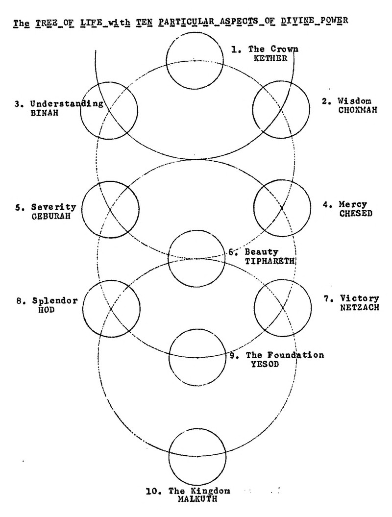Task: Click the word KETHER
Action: [268, 58]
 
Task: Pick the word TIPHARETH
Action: [269, 261]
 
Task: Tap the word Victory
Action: [362, 298]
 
